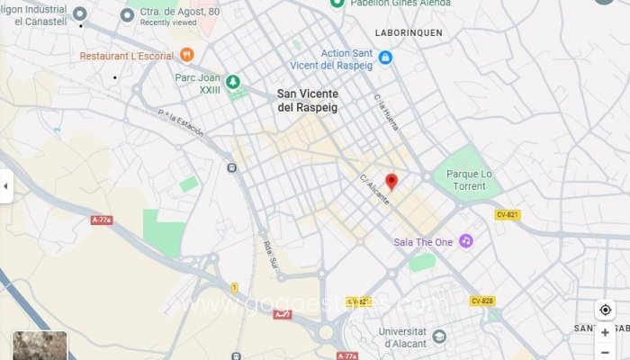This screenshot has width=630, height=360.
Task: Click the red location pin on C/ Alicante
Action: (x=391, y=182)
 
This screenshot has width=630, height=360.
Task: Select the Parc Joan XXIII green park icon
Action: (x=234, y=82)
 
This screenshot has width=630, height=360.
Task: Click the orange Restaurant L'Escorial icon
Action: (x=187, y=55)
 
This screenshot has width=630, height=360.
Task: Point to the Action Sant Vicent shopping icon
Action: (x=385, y=58)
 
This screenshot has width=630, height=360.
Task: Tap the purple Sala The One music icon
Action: (x=466, y=241)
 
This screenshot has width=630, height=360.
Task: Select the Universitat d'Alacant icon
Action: (x=439, y=337)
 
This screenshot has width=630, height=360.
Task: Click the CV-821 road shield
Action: (x=508, y=214)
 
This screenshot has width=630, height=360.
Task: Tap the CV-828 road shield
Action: (x=481, y=301)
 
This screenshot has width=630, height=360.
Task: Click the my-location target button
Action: (x=605, y=310)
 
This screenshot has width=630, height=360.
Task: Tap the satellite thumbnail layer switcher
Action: (x=40, y=346)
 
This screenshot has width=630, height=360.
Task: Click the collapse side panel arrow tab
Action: (x=5, y=186)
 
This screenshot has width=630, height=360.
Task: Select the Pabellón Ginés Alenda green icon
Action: (x=337, y=4)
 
